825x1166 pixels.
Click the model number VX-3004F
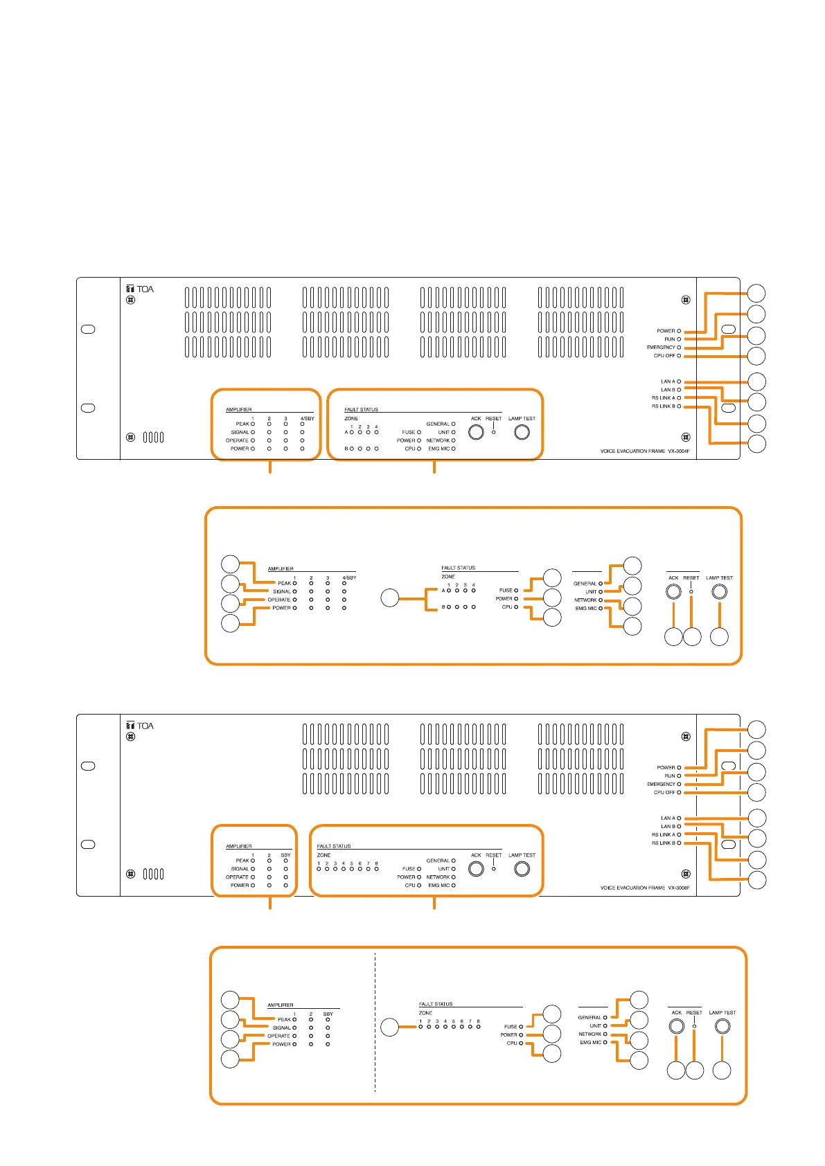[x=679, y=451]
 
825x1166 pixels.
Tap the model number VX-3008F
[x=679, y=888]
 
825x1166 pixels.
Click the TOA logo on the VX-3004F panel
[x=140, y=289]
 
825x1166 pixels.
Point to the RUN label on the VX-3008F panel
[x=669, y=776]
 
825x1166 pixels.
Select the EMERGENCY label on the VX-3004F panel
[x=661, y=348]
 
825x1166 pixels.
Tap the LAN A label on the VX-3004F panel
[x=668, y=382]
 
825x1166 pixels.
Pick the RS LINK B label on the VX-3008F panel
[x=663, y=843]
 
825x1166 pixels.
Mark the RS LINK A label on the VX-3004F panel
[x=663, y=398]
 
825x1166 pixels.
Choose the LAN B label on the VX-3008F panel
[x=668, y=827]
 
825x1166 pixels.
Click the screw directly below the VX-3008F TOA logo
[x=130, y=737]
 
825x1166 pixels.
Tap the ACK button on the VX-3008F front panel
[x=476, y=868]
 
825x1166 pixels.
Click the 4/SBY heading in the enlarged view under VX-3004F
[x=349, y=577]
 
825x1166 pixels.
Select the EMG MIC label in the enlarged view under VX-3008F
[x=591, y=1042]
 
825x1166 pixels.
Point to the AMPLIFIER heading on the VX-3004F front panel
[x=239, y=410]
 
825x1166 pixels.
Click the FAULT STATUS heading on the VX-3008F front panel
[x=334, y=846]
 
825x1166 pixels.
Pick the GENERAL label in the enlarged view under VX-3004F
[x=585, y=584]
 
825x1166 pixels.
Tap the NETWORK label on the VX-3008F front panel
[x=438, y=877]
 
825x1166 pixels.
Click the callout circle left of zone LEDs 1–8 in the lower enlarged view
[x=390, y=1027]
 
